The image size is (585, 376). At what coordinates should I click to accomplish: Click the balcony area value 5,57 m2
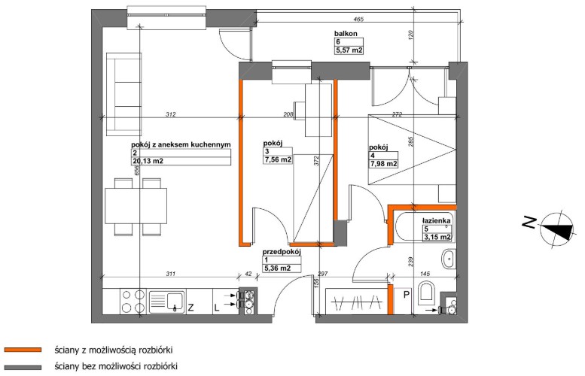point(349,50)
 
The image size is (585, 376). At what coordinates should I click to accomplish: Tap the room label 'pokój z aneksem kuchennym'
point(181,144)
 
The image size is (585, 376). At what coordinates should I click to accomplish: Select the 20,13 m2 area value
point(148,161)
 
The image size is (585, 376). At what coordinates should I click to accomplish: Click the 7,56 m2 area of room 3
point(278,159)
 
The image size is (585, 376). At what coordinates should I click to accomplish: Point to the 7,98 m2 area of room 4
point(383,164)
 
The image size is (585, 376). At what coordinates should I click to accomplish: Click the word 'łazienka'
point(437,220)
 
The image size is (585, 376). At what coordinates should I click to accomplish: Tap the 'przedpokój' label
point(282,251)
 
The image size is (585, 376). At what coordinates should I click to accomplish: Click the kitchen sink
point(166,302)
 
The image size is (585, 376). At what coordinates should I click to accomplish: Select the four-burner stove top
point(133,302)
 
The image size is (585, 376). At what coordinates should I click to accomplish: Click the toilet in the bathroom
point(427,293)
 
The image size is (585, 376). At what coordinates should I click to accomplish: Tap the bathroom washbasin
point(449,259)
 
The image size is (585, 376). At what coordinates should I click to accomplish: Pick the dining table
point(136,206)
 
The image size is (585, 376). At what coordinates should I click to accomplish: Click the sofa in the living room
point(124,94)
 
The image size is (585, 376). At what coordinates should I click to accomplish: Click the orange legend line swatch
point(23,350)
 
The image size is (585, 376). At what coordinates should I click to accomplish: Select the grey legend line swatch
point(23,367)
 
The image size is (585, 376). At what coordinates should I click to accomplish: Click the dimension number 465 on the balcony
point(358,20)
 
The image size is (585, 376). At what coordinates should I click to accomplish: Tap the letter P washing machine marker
point(407,295)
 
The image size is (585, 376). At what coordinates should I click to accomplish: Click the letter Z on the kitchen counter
point(190,308)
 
